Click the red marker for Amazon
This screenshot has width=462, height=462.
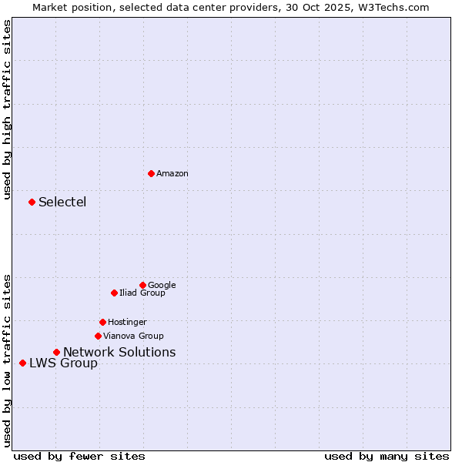pyautogui.click(x=151, y=173)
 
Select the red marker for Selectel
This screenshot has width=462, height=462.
pyautogui.click(x=32, y=202)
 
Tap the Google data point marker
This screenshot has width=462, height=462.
pyautogui.click(x=142, y=285)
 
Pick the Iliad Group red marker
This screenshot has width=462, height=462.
pyautogui.click(x=114, y=293)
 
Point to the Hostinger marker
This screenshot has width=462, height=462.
pyautogui.click(x=102, y=322)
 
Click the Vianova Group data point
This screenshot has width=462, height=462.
pyautogui.click(x=98, y=336)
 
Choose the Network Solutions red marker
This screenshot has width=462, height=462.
pyautogui.click(x=56, y=352)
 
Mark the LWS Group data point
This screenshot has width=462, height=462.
pyautogui.click(x=22, y=363)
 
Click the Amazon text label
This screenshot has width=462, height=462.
pyautogui.click(x=172, y=174)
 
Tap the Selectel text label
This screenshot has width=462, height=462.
pyautogui.click(x=62, y=203)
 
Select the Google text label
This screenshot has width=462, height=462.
pyautogui.click(x=162, y=286)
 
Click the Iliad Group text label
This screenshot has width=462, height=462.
pyautogui.click(x=142, y=293)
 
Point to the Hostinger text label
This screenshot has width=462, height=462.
pyautogui.click(x=127, y=323)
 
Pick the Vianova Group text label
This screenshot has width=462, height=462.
pyautogui.click(x=133, y=336)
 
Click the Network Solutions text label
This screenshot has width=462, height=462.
pyautogui.click(x=119, y=353)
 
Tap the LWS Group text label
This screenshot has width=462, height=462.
pyautogui.click(x=63, y=363)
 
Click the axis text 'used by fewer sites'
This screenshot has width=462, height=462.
pyautogui.click(x=79, y=457)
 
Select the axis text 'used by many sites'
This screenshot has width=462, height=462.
pyautogui.click(x=387, y=457)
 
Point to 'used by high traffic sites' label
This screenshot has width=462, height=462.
pyautogui.click(x=7, y=109)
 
